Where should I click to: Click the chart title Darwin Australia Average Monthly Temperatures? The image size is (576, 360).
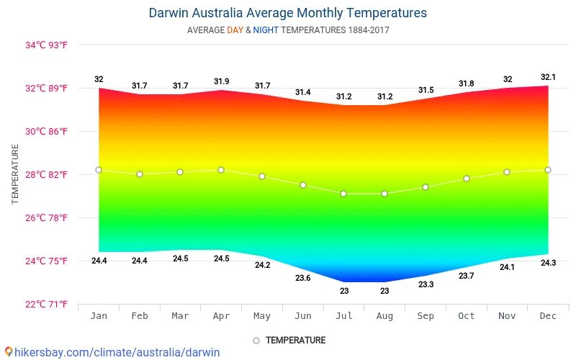coord(287,13)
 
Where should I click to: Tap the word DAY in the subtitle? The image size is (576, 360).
coord(235,30)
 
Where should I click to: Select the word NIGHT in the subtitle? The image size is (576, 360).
coord(266,30)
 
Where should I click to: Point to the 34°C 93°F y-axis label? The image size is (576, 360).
coord(46,45)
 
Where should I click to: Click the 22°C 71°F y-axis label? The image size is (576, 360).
coord(46,304)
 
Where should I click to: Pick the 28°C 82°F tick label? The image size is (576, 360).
coord(46,174)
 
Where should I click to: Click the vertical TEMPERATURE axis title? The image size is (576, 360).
coord(15,174)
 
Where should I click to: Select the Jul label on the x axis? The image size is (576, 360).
coord(343,315)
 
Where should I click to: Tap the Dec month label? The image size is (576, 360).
coord(547,315)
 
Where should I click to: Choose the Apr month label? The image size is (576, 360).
coord(221,315)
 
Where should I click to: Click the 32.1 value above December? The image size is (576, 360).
coord(548,76)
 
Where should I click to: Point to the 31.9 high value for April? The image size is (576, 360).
coord(221,81)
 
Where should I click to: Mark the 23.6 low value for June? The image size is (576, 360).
coord(303,278)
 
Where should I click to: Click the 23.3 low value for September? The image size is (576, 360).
coord(426,284)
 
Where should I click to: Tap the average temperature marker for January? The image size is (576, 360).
coord(99,170)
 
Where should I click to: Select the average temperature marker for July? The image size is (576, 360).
coord(343,194)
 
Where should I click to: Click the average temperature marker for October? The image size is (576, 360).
coord(467,179)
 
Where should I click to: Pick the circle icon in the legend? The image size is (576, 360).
coord(256,341)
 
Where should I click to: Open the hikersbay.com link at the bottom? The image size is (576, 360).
coord(112,352)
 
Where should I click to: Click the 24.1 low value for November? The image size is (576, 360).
coord(507,267)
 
